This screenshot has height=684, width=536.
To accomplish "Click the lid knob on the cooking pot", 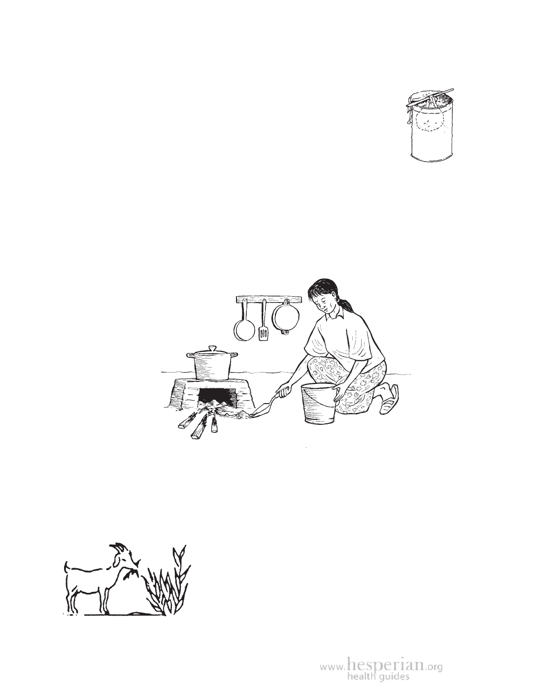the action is click(x=213, y=348).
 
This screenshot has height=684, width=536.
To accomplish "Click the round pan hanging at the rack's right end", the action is click(x=285, y=316).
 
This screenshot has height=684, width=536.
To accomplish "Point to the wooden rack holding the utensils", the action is click(x=269, y=299).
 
